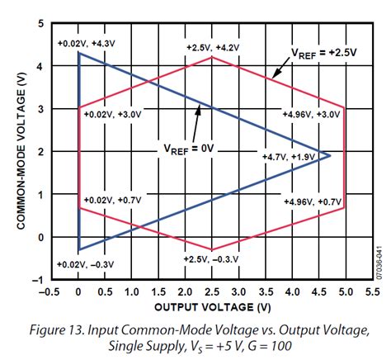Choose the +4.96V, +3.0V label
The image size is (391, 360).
point(310,113)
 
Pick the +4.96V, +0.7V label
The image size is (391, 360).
point(310,201)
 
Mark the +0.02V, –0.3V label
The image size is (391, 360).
point(84,263)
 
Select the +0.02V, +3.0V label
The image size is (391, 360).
point(111,114)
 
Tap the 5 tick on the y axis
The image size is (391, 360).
point(40,23)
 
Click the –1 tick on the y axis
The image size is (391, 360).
point(38,280)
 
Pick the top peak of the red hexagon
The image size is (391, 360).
point(212,57)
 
